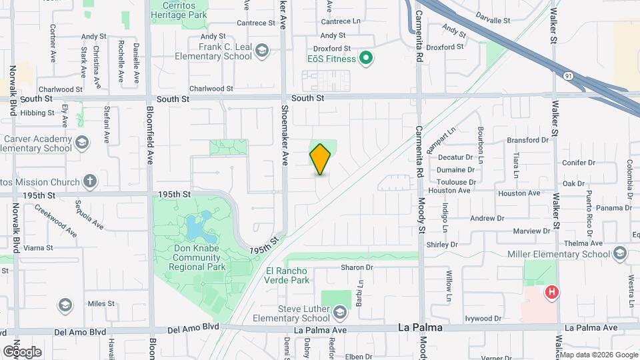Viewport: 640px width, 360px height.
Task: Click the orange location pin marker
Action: pyautogui.click(x=321, y=159)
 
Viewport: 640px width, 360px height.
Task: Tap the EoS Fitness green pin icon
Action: pyautogui.click(x=365, y=59)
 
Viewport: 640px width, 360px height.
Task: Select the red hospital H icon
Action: pyautogui.click(x=551, y=292)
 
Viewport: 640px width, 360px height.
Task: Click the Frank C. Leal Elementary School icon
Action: pyautogui.click(x=263, y=51)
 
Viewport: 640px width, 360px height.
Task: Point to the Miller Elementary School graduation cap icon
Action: pyautogui.click(x=621, y=253)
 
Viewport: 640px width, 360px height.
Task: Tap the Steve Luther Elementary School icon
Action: pyautogui.click(x=340, y=313)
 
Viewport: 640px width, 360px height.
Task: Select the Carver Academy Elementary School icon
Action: pyautogui.click(x=81, y=142)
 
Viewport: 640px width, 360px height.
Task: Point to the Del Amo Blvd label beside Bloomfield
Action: pyautogui.click(x=193, y=328)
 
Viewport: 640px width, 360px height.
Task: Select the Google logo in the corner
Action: pyautogui.click(x=22, y=351)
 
